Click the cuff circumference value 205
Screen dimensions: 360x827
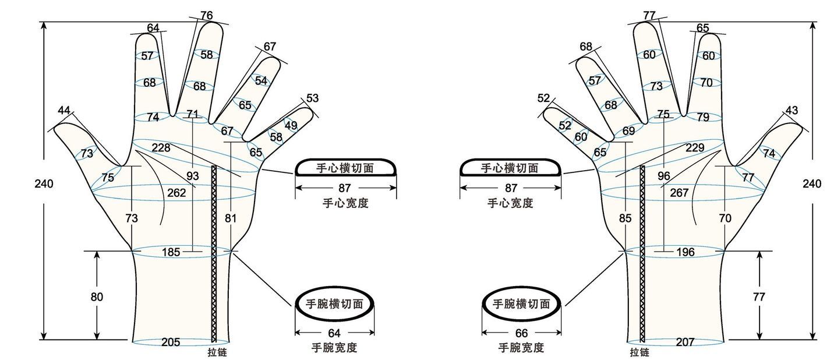pyautogui.click(x=170, y=342)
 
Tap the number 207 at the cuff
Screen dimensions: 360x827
pyautogui.click(x=685, y=342)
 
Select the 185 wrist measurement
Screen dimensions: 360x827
pyautogui.click(x=171, y=252)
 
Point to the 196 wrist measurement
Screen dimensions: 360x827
pyautogui.click(x=686, y=252)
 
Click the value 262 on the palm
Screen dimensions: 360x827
pyautogui.click(x=176, y=193)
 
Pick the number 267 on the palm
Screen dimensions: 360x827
pyautogui.click(x=680, y=193)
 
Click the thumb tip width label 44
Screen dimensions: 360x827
pyautogui.click(x=64, y=110)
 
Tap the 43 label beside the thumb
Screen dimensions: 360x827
pyautogui.click(x=791, y=110)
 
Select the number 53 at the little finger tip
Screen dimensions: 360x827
pyautogui.click(x=312, y=98)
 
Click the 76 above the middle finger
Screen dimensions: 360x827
pyautogui.click(x=206, y=15)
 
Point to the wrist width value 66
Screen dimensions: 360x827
pyautogui.click(x=521, y=333)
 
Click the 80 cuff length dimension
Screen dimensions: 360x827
pyautogui.click(x=97, y=297)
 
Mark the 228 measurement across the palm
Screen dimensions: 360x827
pyautogui.click(x=161, y=147)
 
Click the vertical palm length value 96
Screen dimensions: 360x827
pyautogui.click(x=663, y=175)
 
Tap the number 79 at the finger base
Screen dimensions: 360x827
pyautogui.click(x=703, y=117)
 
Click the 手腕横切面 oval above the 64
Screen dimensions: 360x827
pyautogui.click(x=334, y=303)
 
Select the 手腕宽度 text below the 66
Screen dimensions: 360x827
pyautogui.click(x=521, y=348)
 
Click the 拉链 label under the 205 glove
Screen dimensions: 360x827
pyautogui.click(x=217, y=352)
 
